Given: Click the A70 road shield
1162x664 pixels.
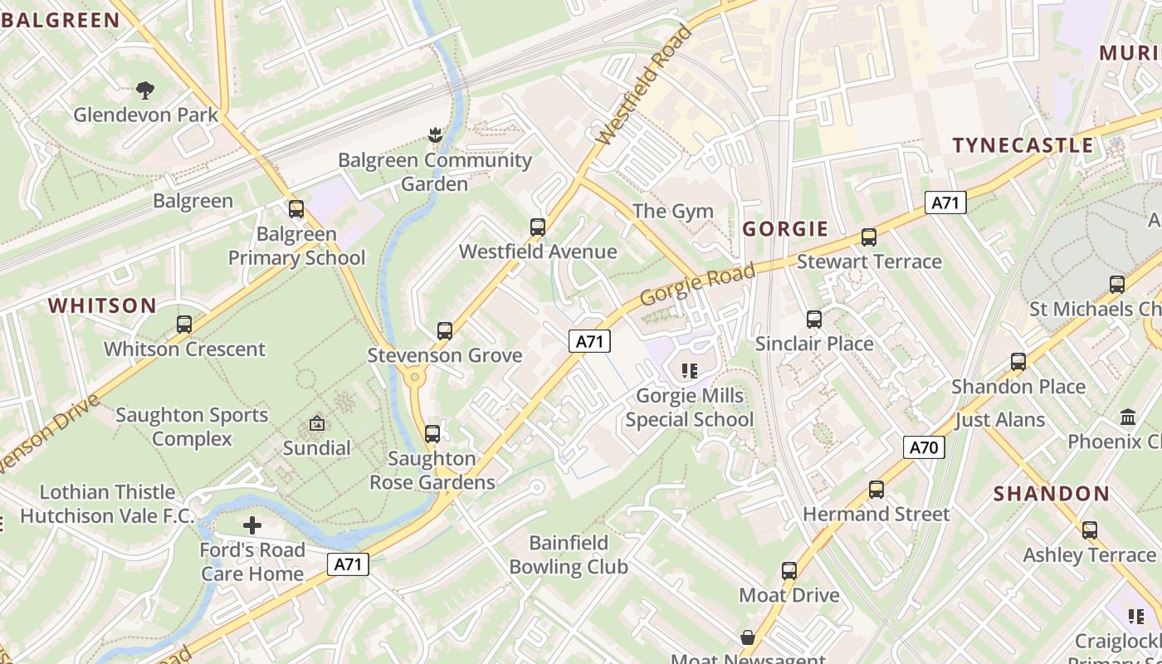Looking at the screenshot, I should tap(923, 448).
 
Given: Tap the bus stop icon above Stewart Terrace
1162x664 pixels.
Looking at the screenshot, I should tap(869, 237).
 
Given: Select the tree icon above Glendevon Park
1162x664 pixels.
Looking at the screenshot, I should tap(145, 90).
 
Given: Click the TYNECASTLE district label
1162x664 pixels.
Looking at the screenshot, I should tap(1023, 146).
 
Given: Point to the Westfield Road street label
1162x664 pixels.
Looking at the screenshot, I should tap(644, 86).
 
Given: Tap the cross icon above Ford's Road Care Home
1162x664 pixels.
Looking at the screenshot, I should tap(252, 525).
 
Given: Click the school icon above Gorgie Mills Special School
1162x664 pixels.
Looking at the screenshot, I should tap(689, 370).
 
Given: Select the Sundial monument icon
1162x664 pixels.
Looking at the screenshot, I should tap(316, 424).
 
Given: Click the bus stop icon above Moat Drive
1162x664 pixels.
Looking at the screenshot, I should tap(788, 571).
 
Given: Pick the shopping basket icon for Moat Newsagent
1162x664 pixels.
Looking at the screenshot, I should tap(747, 637).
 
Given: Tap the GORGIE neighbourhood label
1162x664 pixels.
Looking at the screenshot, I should tap(785, 229).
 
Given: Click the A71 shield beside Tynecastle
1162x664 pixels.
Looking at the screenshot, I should tap(946, 203).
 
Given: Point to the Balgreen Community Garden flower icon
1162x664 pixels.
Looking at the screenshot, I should tap(434, 134).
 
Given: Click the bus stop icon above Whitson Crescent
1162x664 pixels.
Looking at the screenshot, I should tap(184, 325).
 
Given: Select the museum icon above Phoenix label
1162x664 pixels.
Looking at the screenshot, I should tap(1128, 417).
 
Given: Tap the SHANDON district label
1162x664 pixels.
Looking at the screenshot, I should tap(1052, 494).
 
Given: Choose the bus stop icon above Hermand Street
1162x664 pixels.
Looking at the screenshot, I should tap(876, 490).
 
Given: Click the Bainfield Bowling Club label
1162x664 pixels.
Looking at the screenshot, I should tap(569, 555).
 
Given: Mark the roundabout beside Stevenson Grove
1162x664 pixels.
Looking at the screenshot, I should tap(413, 378).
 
